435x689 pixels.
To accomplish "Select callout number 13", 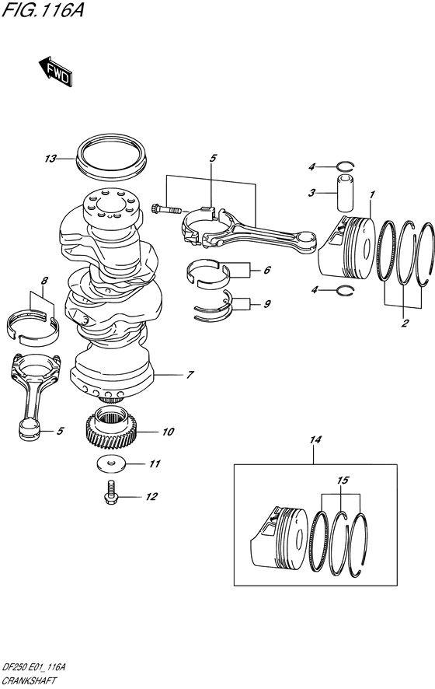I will tap(50, 159).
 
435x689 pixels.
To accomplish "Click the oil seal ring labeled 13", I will tap(113, 156).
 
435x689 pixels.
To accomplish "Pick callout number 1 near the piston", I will tap(373, 193).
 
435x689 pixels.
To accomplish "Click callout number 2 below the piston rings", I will tap(405, 323).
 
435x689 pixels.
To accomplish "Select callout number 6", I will tap(266, 271).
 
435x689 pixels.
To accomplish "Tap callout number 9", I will tap(266, 303).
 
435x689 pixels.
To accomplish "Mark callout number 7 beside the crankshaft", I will tap(189, 375).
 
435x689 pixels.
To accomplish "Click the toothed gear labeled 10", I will tap(114, 428).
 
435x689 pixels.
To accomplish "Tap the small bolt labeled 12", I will tap(111, 491).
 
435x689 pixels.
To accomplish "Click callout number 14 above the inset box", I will tap(315, 440).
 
